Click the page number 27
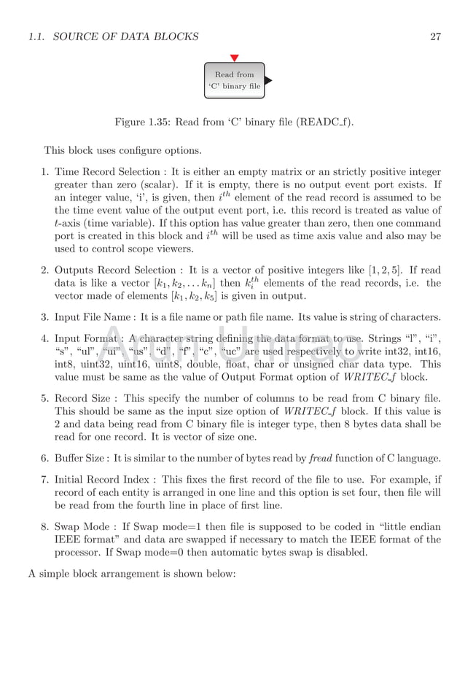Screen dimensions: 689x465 [435, 37]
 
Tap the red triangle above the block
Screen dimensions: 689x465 [234, 58]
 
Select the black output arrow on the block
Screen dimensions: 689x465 [267, 80]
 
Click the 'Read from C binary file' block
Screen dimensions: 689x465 [233, 80]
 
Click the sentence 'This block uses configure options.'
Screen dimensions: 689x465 [122, 151]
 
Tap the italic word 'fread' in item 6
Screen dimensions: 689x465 [321, 457]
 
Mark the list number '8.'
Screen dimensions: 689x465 [45, 526]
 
